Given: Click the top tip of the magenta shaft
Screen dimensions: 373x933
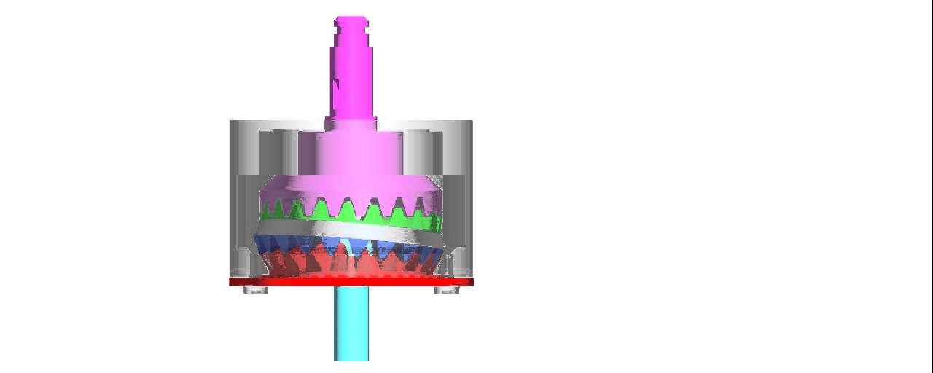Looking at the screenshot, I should click(351, 19).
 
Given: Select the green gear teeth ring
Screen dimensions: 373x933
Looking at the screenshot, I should click(350, 213).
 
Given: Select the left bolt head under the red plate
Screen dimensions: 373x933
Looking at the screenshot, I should click(255, 290).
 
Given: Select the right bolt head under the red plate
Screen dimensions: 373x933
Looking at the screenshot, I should click(446, 290).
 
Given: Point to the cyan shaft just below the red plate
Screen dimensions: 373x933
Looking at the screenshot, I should click(351, 299).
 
